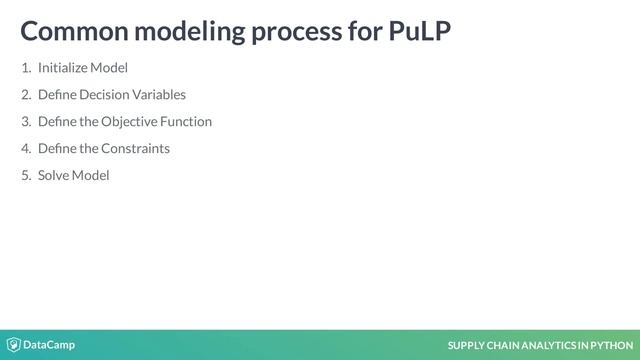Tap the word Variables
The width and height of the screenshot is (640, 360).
click(164, 95)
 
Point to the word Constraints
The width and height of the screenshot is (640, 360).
click(135, 149)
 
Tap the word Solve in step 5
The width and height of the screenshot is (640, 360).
click(53, 176)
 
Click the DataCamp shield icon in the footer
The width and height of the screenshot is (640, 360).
click(13, 345)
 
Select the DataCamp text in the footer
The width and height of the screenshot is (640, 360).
click(49, 345)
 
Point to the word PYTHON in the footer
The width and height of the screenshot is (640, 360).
click(612, 346)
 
